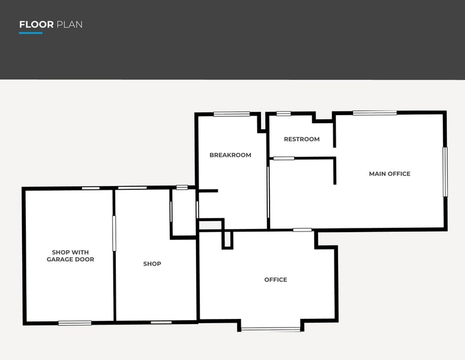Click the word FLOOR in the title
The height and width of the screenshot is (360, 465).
point(36,25)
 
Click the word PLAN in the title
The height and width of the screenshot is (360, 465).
point(69,25)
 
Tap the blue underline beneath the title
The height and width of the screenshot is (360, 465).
point(31,33)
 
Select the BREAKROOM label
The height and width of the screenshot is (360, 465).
point(230,156)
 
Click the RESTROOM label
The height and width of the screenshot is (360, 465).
point(301,140)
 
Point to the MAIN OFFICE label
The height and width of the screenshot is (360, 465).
point(390,174)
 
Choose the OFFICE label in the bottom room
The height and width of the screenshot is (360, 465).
point(276,280)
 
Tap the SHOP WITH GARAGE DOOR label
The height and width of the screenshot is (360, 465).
point(73,256)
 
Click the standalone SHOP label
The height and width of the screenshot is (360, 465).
point(152,264)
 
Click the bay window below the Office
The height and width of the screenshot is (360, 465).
point(271,329)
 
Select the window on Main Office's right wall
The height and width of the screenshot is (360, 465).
point(445,171)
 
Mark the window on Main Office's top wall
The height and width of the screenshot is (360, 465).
point(374,113)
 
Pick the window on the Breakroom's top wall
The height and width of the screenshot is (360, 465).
point(232,114)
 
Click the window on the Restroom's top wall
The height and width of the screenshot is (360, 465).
point(284,113)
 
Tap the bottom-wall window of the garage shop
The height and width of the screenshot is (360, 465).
point(75,323)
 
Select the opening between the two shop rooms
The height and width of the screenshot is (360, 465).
point(114,233)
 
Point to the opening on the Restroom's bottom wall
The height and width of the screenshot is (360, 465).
point(284,159)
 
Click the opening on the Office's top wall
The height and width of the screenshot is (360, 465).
point(302,230)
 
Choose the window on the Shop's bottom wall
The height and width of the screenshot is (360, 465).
point(161,322)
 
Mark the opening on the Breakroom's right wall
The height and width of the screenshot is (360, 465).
point(268,192)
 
